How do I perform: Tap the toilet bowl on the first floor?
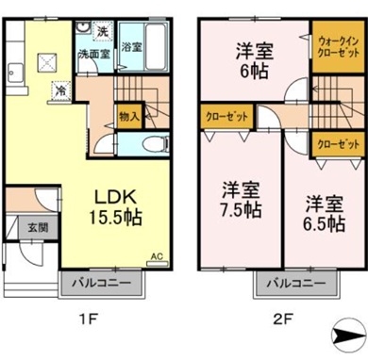click(150, 145)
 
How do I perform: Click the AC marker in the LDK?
click(157, 255)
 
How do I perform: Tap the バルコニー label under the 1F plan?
click(106, 283)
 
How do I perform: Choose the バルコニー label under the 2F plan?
click(290, 283)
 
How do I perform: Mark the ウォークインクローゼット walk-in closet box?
click(335, 46)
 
